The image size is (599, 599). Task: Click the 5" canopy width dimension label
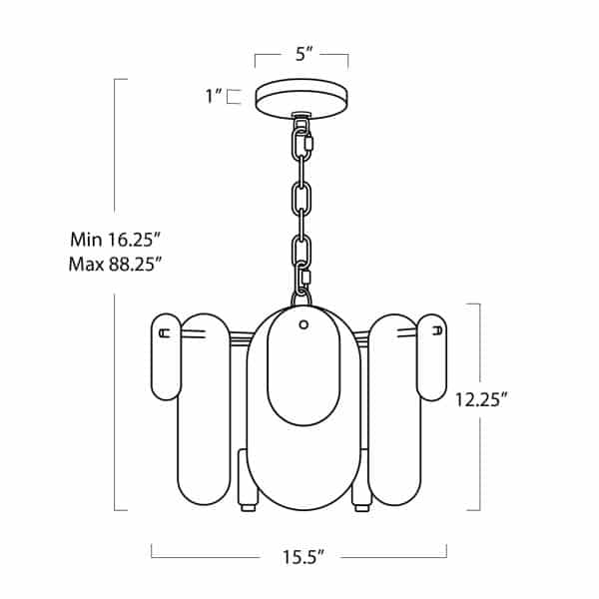click(304, 54)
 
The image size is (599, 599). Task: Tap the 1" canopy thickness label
click(214, 96)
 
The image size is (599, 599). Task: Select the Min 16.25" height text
click(115, 240)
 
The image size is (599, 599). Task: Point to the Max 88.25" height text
click(115, 264)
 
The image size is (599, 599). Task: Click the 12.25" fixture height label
click(481, 400)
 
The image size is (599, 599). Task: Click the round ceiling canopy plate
click(301, 99)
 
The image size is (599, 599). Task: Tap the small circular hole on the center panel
click(303, 324)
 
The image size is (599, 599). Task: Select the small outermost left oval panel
click(166, 356)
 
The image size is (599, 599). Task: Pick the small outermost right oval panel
click(431, 357)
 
